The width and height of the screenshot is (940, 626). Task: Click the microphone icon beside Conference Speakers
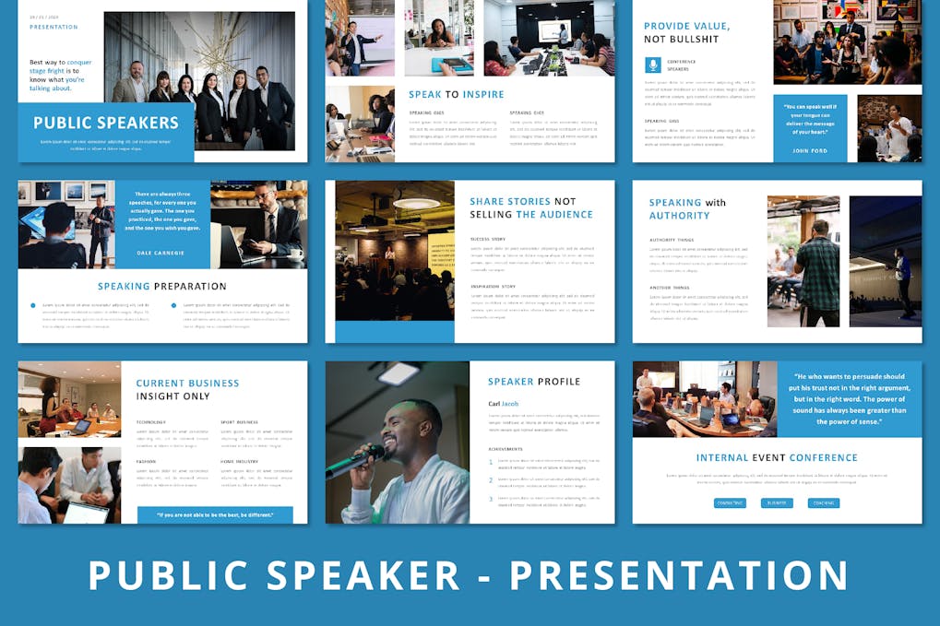653,65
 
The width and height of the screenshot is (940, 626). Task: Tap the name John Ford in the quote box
810,150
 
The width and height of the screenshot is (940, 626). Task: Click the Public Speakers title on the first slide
106,123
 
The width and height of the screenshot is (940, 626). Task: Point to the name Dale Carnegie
162,252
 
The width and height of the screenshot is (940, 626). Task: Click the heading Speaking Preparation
162,287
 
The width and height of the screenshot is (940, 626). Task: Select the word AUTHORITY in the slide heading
680,216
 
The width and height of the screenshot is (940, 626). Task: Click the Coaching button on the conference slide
823,503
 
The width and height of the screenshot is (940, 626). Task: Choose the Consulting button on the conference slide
730,503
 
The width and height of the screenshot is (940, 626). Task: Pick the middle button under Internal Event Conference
777,503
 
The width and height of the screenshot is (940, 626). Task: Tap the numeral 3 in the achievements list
491,499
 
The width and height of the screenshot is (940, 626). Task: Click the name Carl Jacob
504,404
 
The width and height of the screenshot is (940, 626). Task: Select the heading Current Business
187,384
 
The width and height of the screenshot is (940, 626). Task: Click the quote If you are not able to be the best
215,514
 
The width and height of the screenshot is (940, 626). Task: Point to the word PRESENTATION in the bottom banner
678,575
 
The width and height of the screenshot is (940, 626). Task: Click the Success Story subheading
488,240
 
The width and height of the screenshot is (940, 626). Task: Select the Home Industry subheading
239,461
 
